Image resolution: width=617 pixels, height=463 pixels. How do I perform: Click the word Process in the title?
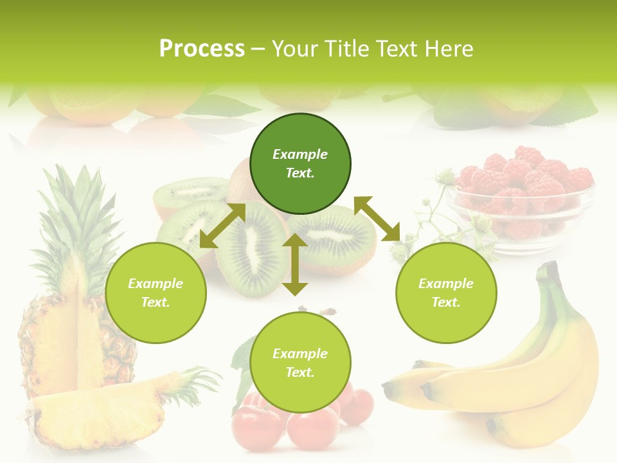tap(202, 49)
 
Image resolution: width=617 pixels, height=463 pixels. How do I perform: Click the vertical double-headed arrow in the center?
tap(295, 264)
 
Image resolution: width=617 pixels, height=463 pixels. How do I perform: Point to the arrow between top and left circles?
tap(222, 226)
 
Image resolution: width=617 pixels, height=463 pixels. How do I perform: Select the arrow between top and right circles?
tap(377, 219)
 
